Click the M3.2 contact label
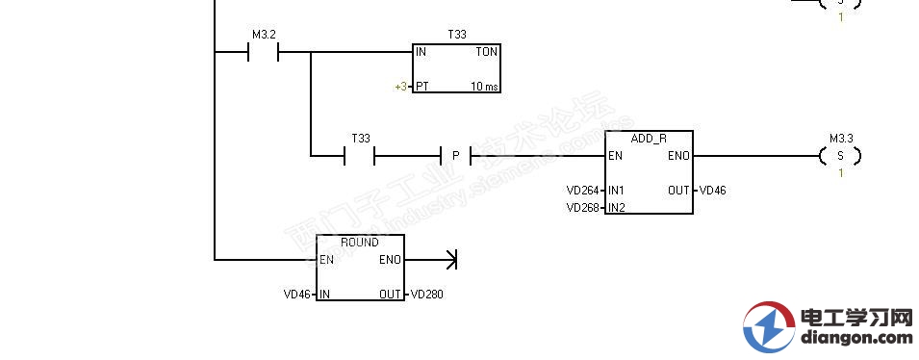coord(264,35)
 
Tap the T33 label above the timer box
coord(457,35)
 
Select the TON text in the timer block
coord(486,52)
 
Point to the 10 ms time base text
coord(484,87)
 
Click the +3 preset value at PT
coord(400,87)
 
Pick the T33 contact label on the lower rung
coord(361,139)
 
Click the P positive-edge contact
coord(455,155)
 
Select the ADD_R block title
coord(648,138)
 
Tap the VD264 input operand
coord(582,191)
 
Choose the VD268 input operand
coord(582,208)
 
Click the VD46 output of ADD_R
coord(713,191)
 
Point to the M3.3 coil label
coord(840,139)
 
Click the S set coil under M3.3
coord(840,155)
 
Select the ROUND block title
coord(360,243)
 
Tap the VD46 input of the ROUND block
coord(297,295)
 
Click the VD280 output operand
coord(427,295)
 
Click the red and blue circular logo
coord(768,326)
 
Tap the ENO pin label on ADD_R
coord(677,156)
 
